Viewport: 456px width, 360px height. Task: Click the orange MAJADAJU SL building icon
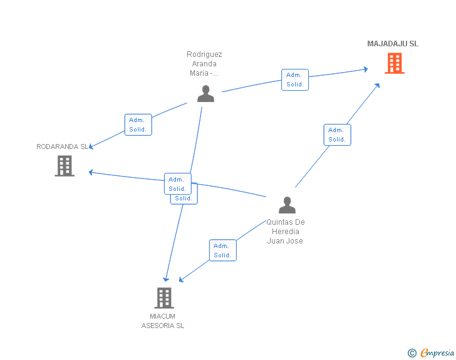coord(394,63)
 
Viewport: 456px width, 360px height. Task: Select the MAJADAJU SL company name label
coord(393,44)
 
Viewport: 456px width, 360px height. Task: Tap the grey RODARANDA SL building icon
coord(65,166)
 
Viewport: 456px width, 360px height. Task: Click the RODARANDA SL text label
coord(62,147)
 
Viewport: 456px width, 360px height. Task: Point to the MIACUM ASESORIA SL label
coord(163,321)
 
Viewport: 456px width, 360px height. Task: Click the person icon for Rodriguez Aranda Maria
coord(205,94)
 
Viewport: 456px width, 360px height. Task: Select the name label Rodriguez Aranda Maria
coord(204,64)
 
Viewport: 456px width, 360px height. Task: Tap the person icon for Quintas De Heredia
coord(287,205)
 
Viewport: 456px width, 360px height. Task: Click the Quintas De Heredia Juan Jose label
coord(285,231)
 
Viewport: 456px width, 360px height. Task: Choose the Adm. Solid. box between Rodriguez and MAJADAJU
coord(294,80)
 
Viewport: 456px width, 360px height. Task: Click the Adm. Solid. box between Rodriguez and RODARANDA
coord(138,125)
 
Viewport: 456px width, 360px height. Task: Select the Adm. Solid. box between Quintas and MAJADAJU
coord(337,135)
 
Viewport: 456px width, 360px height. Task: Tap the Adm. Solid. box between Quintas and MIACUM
coord(222,250)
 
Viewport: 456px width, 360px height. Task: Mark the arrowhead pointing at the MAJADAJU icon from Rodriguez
coord(365,69)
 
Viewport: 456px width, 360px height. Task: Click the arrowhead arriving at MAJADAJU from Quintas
coord(378,85)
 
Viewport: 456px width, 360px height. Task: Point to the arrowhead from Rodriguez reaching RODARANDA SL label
coord(91,147)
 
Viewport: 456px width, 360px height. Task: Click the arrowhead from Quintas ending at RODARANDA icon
coord(91,172)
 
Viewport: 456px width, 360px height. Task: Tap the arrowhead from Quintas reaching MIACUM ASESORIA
coord(182,279)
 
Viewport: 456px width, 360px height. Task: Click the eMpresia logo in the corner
coord(432,353)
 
